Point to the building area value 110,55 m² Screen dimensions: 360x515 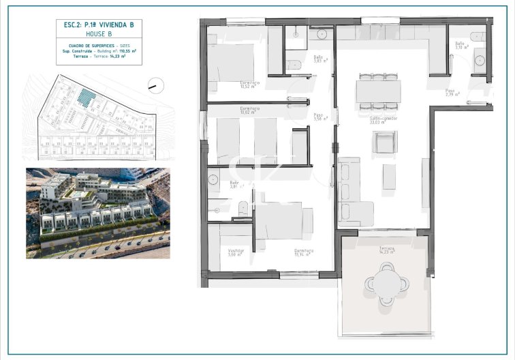click(x=128, y=51)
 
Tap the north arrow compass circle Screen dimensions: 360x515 click(x=156, y=85)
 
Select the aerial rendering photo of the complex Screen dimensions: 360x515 click(x=97, y=213)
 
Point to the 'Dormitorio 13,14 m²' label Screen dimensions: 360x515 click(x=303, y=252)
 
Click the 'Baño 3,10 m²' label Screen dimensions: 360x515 click(x=461, y=46)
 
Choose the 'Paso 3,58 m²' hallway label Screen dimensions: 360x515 click(x=318, y=117)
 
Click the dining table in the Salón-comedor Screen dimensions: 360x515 click(x=378, y=91)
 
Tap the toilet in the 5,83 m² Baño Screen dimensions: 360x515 click(x=294, y=65)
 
